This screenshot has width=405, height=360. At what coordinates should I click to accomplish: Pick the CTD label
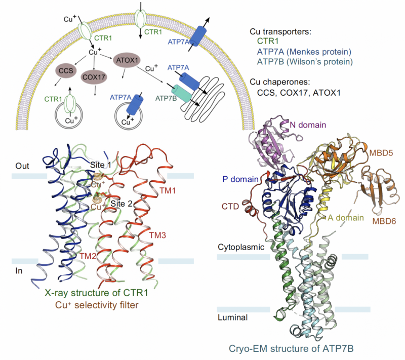231,206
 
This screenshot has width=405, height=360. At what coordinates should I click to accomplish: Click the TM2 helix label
90,255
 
